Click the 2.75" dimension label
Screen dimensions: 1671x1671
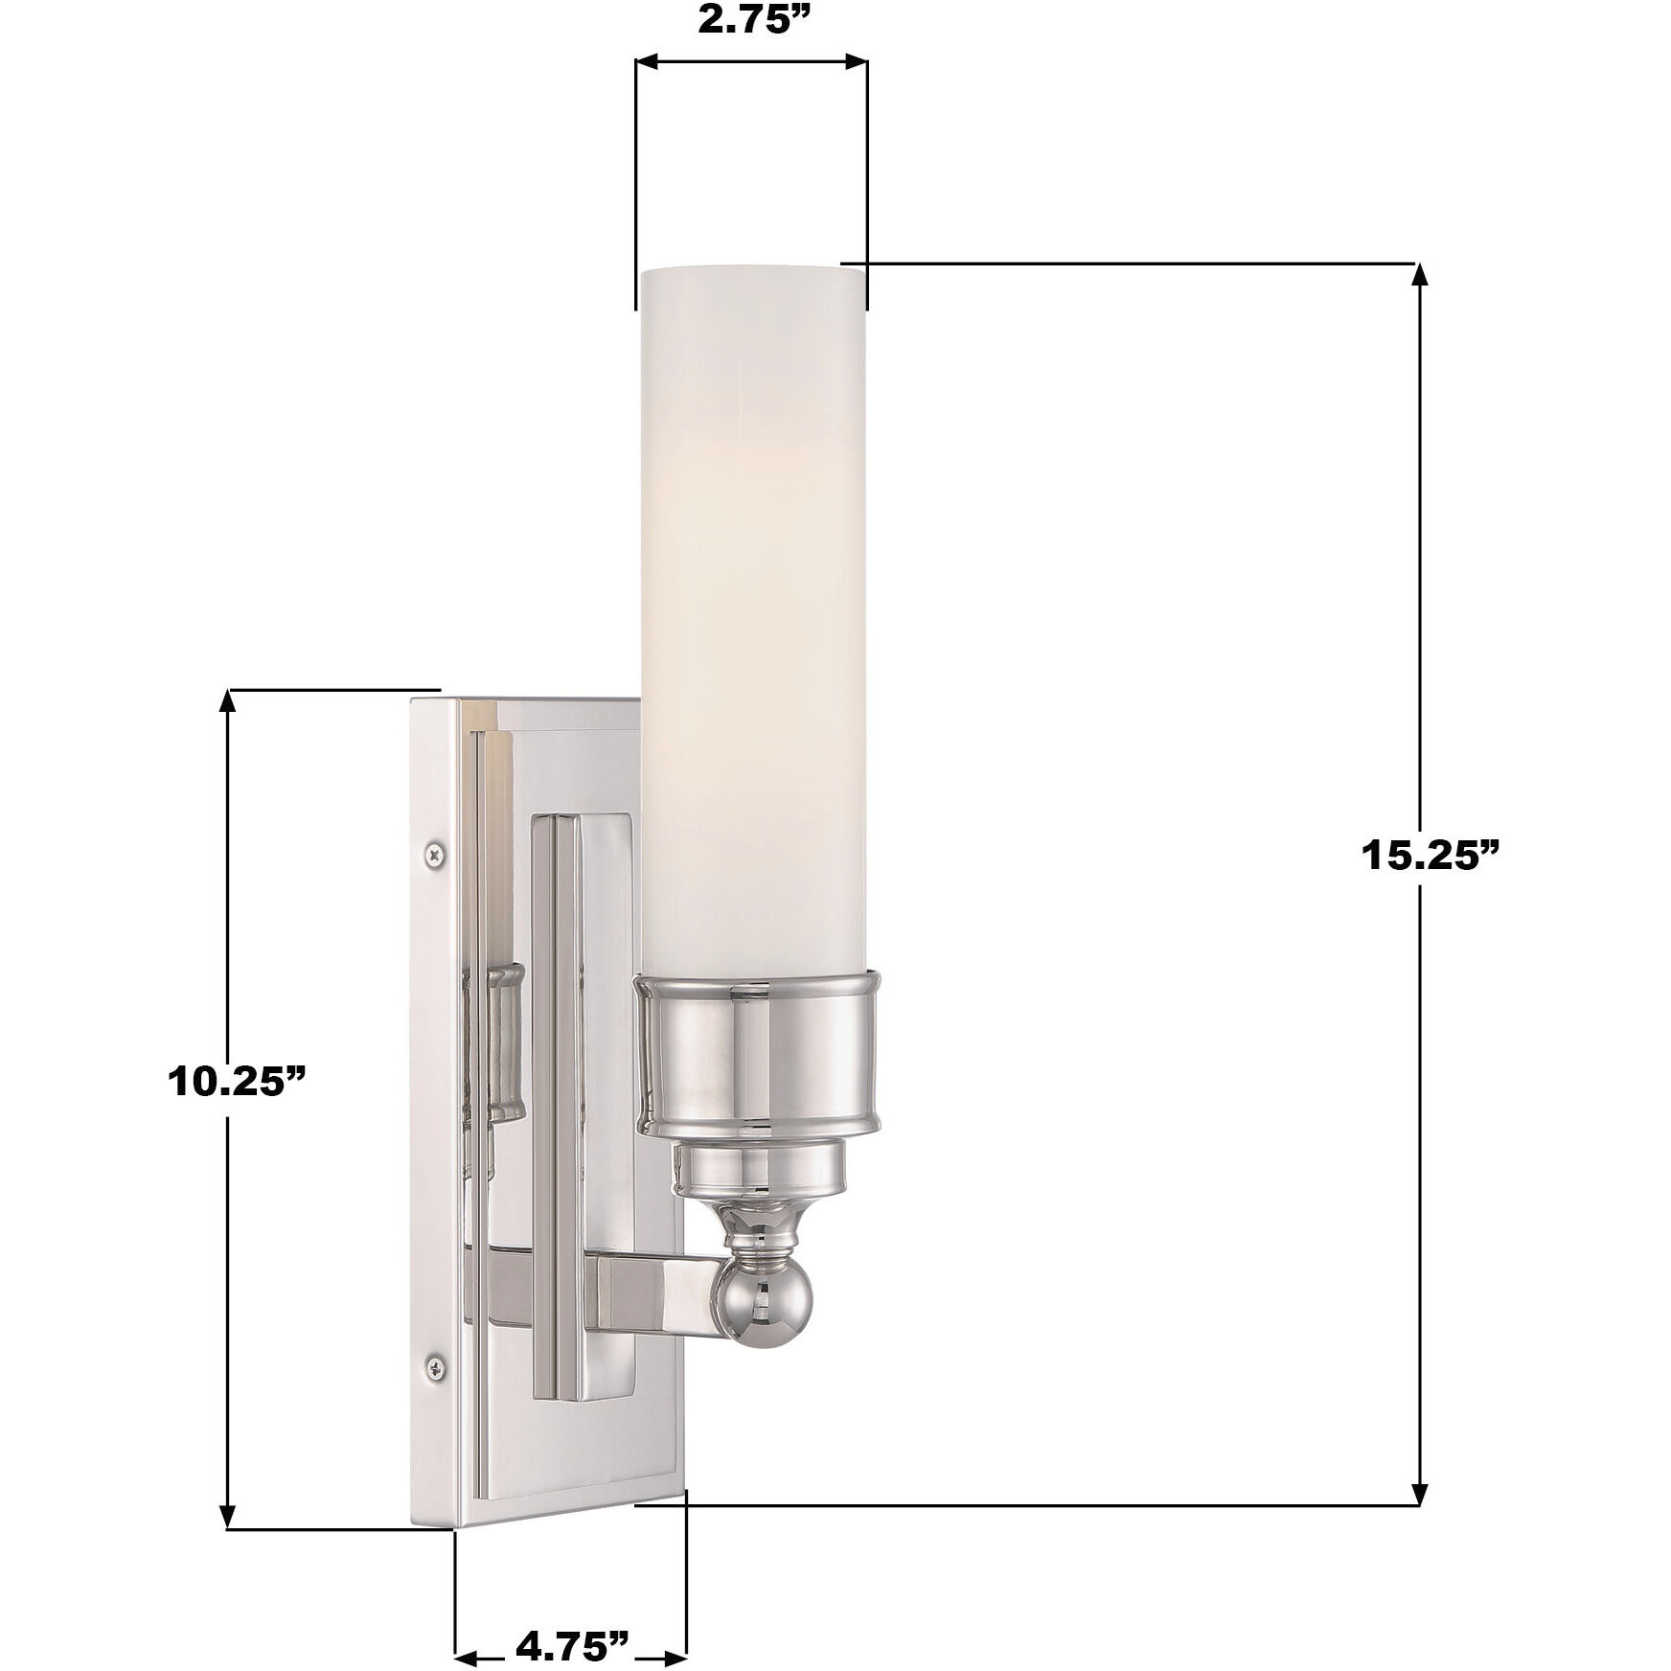tap(751, 21)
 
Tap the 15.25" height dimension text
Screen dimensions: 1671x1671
tap(1429, 857)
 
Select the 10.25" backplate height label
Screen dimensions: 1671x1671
tap(237, 1082)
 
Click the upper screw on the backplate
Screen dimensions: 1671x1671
tap(437, 852)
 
